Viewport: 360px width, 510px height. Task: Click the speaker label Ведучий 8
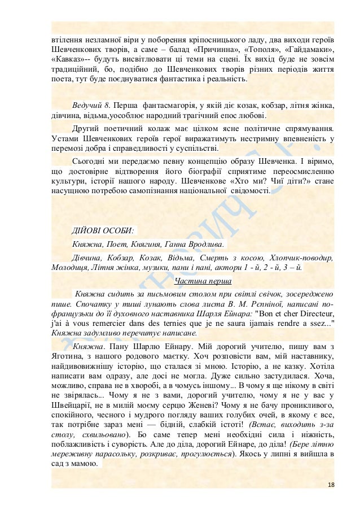tap(93, 106)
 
